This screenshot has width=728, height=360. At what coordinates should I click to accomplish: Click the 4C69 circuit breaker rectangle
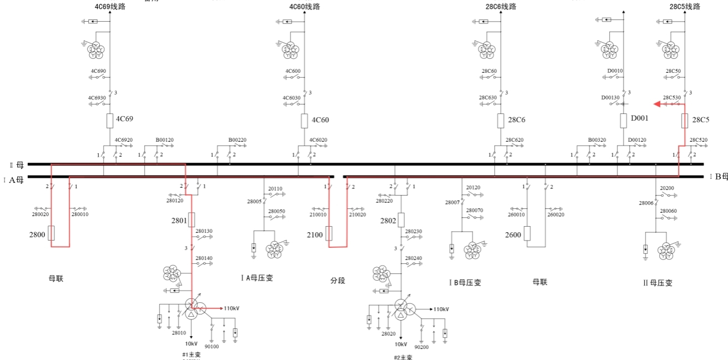109,121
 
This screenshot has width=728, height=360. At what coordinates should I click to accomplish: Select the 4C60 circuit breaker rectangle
304,121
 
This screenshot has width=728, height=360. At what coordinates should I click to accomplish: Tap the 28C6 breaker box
500,121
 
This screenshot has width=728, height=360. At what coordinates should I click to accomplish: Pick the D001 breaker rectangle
624,121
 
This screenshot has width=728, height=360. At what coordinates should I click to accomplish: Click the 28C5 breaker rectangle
685,121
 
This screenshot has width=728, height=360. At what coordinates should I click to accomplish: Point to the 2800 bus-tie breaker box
51,233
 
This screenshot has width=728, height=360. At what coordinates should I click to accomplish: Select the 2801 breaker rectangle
192,219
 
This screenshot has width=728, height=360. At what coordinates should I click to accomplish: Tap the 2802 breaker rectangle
401,219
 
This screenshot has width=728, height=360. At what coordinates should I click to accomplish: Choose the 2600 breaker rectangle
527,233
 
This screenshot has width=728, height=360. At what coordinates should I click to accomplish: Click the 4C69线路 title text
111,7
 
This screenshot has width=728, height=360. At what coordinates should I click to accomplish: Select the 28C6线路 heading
501,7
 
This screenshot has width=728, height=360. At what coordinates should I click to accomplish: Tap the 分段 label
338,281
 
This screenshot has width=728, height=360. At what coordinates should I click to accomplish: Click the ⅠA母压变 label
256,278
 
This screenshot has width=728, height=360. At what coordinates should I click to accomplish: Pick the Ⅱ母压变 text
657,283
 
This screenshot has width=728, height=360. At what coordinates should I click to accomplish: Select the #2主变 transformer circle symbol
401,308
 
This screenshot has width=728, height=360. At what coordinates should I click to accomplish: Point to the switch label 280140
204,258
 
